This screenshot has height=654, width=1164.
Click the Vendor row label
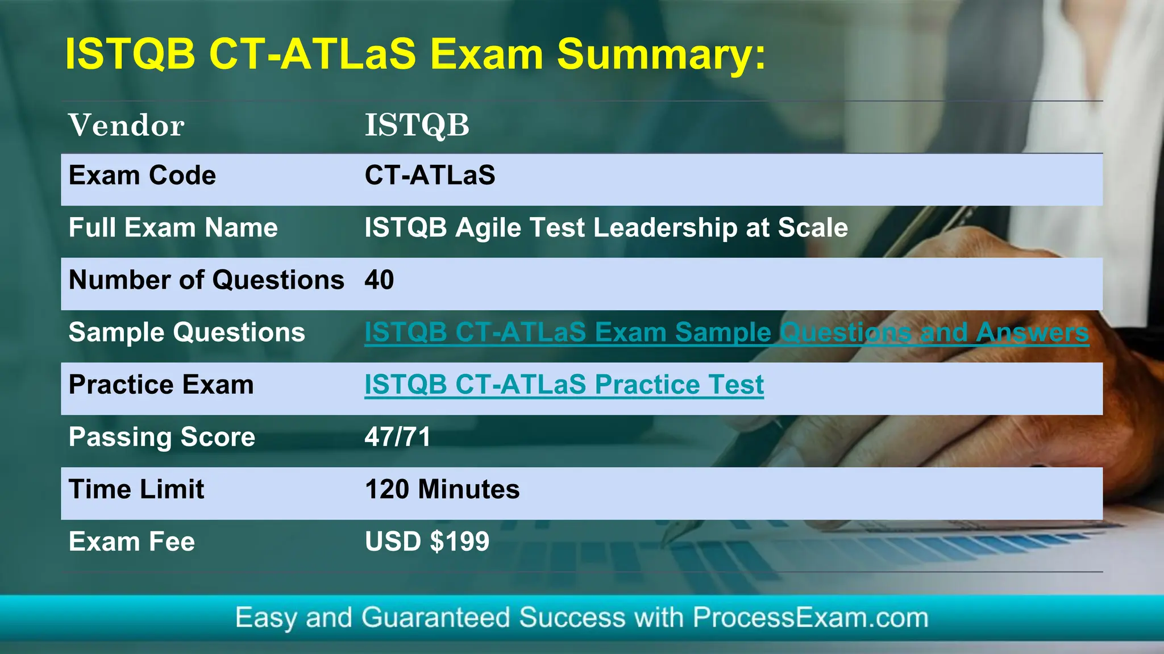point(126,126)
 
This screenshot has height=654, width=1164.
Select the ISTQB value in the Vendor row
point(417,126)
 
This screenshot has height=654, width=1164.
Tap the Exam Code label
point(142,176)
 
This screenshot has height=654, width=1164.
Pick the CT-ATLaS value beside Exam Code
point(430,176)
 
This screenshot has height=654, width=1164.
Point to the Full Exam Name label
point(173,228)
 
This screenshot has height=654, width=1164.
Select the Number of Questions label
point(206,280)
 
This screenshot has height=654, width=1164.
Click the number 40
point(379,280)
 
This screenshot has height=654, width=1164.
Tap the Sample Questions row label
point(186,332)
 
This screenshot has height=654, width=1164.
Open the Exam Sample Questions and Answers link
point(726,332)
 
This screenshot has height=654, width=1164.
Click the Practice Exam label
point(161,385)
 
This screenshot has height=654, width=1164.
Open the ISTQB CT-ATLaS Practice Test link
point(564,385)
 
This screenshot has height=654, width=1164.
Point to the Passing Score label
point(161,437)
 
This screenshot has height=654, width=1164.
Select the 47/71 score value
point(397,437)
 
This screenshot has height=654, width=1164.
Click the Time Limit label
point(136,489)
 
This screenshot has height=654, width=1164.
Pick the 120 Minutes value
point(442,489)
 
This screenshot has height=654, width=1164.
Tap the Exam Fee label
point(131,541)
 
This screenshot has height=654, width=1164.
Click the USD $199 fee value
point(427,541)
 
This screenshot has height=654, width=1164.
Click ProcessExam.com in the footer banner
point(810,618)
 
